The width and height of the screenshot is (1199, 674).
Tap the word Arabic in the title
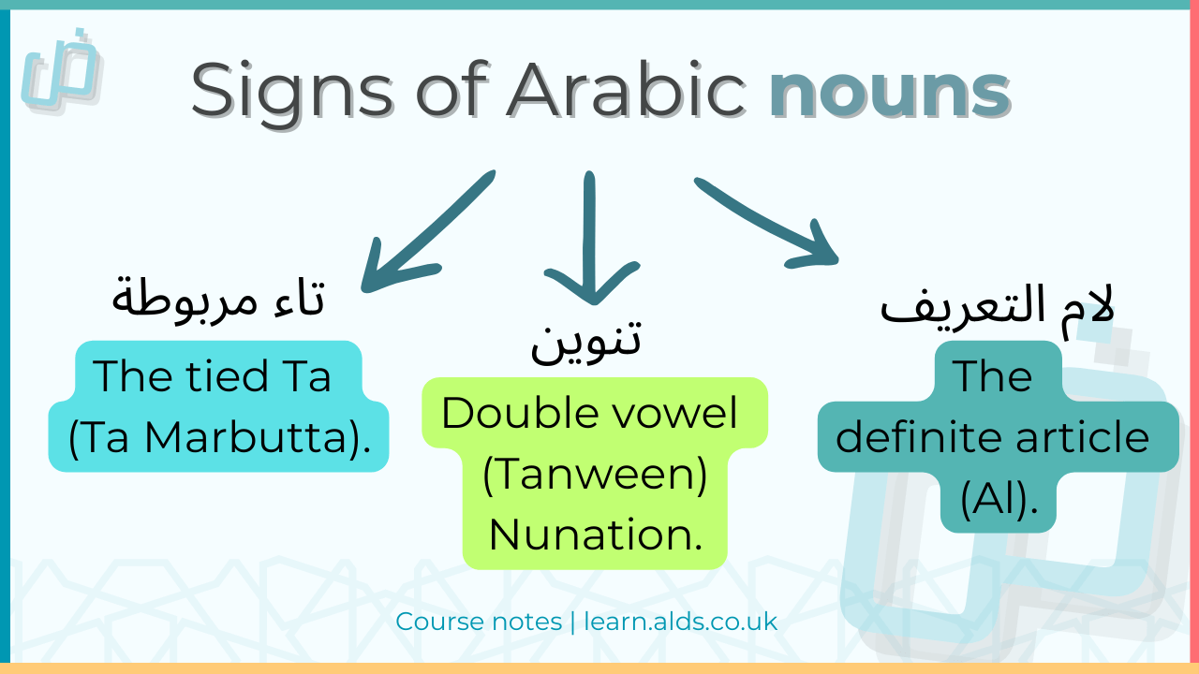point(626,91)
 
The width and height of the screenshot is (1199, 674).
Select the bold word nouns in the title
point(889,91)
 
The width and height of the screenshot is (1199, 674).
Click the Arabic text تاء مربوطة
point(218,299)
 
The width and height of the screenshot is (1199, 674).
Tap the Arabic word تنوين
point(586,340)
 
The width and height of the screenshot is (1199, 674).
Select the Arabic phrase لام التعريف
point(998,306)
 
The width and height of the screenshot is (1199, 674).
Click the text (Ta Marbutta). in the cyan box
point(219,435)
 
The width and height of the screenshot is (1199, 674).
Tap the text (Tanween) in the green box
point(595,475)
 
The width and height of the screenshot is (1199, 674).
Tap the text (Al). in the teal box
point(999,499)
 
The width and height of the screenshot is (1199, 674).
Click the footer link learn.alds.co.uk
point(681,621)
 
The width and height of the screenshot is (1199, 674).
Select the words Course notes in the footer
point(479,621)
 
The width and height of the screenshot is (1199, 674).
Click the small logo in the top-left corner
point(62,72)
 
